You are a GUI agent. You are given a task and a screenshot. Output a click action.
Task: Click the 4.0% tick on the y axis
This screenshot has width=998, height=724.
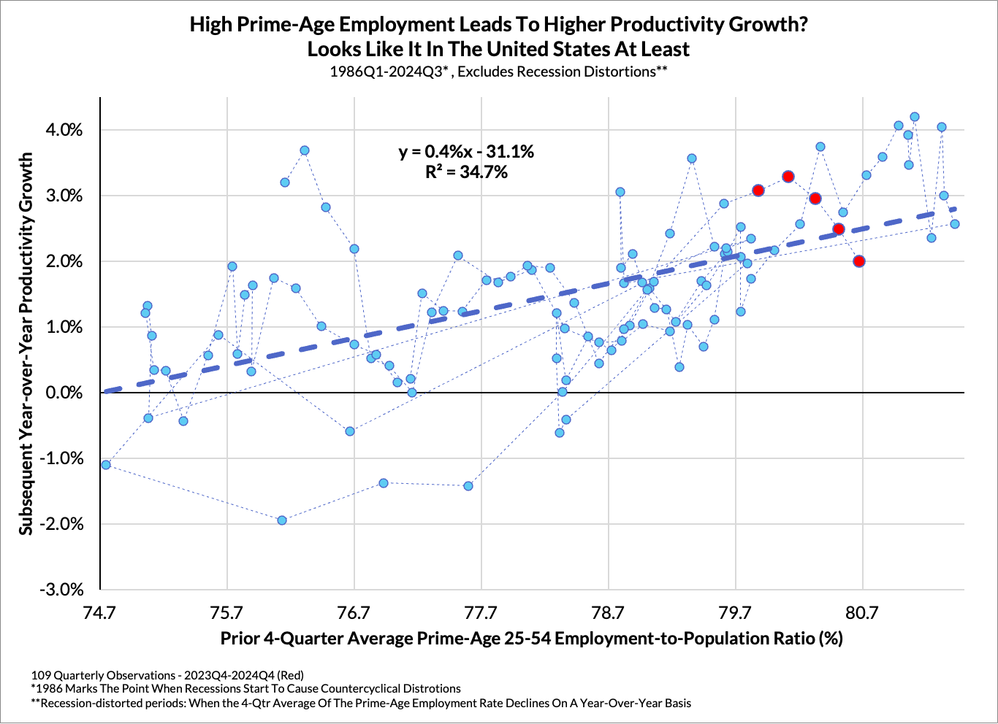point(64,130)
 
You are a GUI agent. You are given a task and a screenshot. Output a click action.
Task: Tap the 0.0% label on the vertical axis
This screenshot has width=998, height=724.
point(64,393)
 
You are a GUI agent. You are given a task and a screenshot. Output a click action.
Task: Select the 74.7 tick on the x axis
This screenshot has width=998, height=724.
point(99,612)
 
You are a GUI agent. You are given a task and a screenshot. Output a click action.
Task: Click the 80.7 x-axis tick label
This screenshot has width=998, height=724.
point(862,612)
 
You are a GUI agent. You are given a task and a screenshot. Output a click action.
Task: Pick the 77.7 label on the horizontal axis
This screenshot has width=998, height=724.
point(481,612)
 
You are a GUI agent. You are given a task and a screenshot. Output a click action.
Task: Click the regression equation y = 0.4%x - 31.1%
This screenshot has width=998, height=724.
point(466,152)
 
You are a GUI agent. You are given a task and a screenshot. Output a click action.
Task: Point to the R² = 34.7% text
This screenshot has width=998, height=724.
point(466,172)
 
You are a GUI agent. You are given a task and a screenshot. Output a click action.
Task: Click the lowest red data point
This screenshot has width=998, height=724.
point(859,261)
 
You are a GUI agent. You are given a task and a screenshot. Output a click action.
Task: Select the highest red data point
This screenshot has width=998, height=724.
point(788,177)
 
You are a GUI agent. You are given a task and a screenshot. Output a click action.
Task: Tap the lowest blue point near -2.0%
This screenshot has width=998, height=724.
point(282,520)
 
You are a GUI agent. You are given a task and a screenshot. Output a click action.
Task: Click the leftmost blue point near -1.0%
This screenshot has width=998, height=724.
point(106,465)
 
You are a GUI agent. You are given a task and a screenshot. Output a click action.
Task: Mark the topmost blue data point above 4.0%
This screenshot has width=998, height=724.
point(914,117)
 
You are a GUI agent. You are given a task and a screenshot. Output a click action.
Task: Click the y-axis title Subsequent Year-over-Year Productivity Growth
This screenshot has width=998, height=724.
point(26,343)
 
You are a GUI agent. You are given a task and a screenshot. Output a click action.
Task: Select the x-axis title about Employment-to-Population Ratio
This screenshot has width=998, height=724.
point(531,639)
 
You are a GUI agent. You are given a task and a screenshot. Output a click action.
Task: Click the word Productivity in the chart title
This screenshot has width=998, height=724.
point(662,24)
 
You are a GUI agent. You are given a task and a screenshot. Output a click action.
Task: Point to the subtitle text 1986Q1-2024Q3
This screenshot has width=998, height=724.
point(389,72)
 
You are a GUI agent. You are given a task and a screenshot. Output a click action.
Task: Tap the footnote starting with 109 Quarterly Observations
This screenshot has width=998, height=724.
point(167,674)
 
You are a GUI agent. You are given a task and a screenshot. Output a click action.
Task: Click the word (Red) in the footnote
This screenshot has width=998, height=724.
point(288,674)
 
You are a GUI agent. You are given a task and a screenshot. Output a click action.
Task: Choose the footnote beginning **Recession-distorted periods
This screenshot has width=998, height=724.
point(361,703)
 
